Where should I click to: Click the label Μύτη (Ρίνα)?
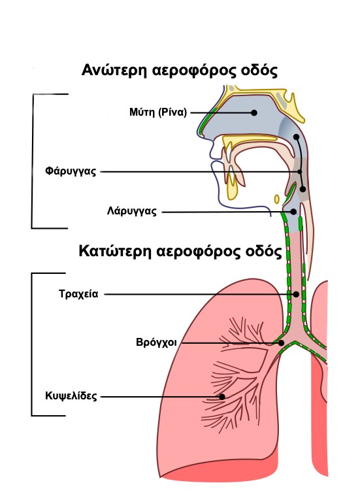(x=157, y=112)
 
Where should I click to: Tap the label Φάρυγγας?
(x=71, y=171)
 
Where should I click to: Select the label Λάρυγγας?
(x=132, y=211)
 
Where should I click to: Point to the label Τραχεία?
(x=78, y=294)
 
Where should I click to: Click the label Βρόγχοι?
(x=156, y=343)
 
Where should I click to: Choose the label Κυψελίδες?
(x=71, y=396)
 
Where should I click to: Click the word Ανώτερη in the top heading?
(x=114, y=70)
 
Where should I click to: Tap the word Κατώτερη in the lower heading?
(x=114, y=251)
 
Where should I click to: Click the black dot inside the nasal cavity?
(x=254, y=112)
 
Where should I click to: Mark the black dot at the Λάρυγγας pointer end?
(x=293, y=212)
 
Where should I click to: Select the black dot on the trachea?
(x=297, y=294)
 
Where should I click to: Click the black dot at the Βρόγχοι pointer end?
(x=282, y=343)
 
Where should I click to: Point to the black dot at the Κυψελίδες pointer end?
(x=221, y=397)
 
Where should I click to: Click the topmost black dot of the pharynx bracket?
(x=297, y=137)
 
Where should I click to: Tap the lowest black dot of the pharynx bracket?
(x=303, y=189)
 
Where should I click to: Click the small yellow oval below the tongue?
(x=277, y=199)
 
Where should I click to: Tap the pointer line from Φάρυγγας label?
(x=200, y=172)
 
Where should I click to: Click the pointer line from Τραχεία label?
(x=199, y=294)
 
